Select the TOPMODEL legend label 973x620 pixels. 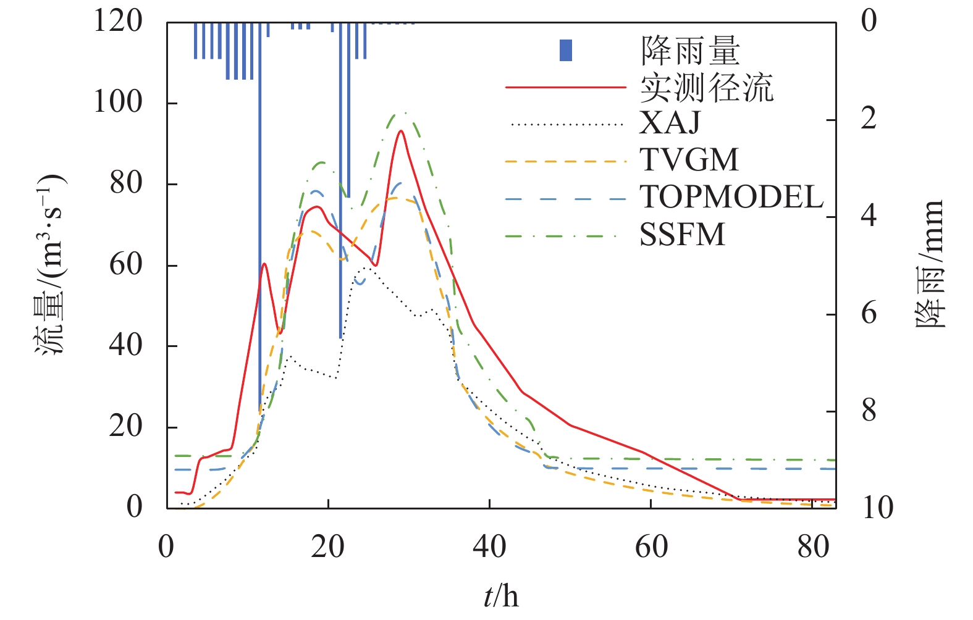[731, 198]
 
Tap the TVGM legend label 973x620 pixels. [689, 160]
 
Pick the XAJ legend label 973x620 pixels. [670, 123]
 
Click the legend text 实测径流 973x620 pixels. [706, 87]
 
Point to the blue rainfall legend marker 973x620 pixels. [565, 51]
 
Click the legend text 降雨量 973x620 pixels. [690, 51]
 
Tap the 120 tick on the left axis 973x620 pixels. [117, 21]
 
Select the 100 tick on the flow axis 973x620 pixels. [117, 102]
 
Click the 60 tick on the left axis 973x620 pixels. [125, 264]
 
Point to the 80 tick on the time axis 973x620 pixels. [813, 547]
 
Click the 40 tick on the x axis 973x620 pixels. [489, 547]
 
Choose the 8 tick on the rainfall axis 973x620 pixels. [869, 411]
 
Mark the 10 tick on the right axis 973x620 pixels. [877, 508]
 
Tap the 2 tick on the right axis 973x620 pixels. [869, 119]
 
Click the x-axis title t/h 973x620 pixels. [501, 597]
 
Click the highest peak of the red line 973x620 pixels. [401, 131]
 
